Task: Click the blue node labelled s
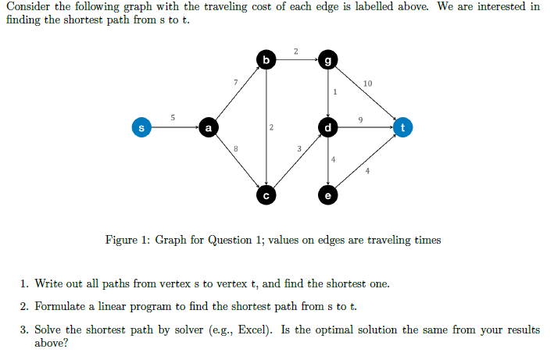[141, 127]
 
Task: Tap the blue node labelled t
[403, 127]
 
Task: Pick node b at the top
[267, 59]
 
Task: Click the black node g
[328, 59]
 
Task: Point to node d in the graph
[328, 127]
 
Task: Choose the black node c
[267, 194]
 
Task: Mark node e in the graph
[328, 194]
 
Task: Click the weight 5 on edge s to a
[173, 116]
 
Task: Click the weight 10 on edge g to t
[368, 83]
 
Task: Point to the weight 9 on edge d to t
[359, 119]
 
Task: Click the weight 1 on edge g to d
[334, 92]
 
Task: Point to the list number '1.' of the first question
[25, 283]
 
